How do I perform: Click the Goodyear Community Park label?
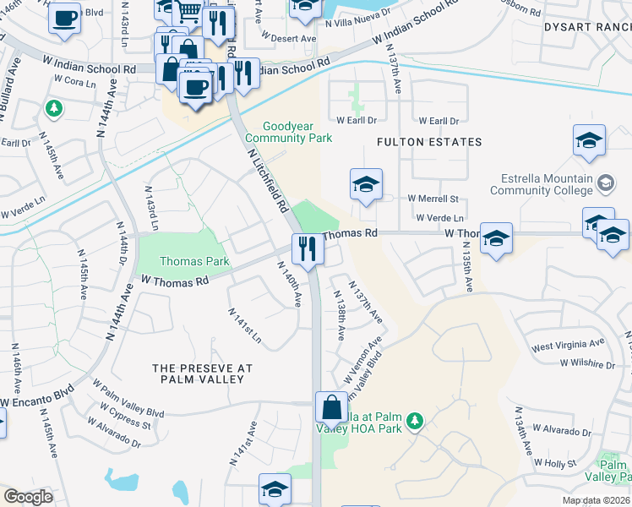pos(288,132)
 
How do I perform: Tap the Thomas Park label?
pos(183,262)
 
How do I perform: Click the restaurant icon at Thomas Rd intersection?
pos(307,249)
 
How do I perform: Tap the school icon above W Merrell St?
pos(366,185)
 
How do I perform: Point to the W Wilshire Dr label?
pos(586,364)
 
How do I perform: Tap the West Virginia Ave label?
pos(568,345)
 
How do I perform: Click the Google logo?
pos(28,497)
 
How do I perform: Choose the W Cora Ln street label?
pos(74,82)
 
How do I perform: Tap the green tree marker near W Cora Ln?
pos(53,109)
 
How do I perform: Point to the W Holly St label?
pos(556,463)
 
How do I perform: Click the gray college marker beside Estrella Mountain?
pos(606,183)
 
